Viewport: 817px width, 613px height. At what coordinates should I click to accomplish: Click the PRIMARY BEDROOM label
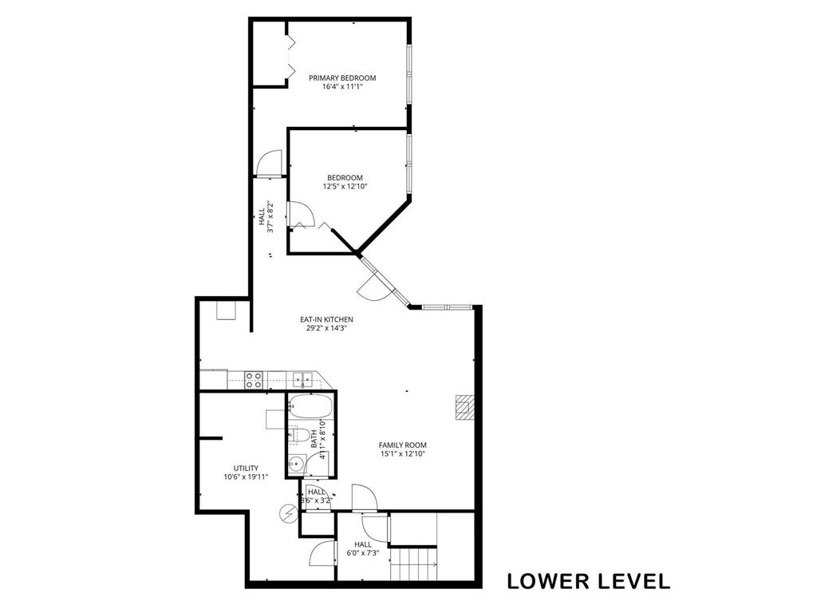342,77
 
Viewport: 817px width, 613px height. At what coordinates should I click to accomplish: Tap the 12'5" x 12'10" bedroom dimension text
345,186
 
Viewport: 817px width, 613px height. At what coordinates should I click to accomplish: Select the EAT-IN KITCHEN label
326,319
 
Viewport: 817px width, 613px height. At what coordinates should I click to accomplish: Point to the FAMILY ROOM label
402,445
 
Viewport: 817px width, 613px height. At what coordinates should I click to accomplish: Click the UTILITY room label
246,468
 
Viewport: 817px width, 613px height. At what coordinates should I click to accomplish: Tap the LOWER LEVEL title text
589,581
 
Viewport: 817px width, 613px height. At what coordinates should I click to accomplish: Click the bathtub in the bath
308,407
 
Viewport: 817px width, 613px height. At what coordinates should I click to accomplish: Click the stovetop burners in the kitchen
254,379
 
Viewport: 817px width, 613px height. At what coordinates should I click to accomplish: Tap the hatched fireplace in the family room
465,407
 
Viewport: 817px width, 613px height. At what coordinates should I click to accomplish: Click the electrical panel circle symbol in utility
287,514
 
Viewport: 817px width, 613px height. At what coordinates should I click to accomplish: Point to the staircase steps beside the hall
414,564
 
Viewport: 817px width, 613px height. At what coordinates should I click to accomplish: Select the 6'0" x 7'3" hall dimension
363,554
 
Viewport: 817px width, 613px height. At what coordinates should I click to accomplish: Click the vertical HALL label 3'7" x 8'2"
266,217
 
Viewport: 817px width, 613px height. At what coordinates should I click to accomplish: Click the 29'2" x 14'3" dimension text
326,328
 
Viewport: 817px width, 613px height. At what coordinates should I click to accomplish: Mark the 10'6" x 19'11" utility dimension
246,477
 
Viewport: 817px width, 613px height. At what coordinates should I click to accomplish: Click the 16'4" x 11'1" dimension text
342,86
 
